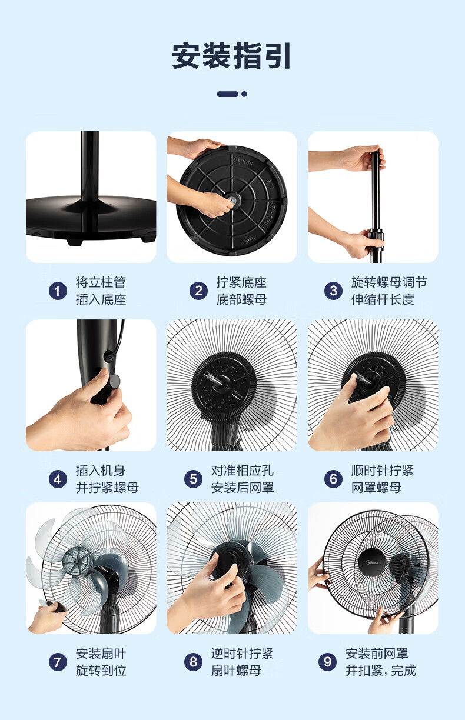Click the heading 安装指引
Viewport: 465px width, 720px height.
point(232,56)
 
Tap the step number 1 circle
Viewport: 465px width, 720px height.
point(57,291)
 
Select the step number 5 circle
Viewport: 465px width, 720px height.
point(192,479)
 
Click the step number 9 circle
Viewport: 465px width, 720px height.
point(327,662)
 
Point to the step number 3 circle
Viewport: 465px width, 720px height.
point(333,291)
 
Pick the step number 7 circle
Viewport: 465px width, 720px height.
point(57,662)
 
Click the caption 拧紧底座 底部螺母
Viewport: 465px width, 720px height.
point(241,291)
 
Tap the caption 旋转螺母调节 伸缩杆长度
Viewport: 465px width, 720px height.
point(388,291)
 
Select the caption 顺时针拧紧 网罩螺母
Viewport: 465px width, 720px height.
point(382,479)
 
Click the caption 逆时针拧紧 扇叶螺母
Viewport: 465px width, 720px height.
point(242,662)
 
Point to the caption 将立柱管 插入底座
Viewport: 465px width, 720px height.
point(101,291)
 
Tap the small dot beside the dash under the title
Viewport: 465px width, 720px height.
point(244,94)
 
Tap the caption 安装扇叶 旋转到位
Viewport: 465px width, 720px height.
point(101,662)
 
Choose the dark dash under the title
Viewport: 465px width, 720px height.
point(228,94)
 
